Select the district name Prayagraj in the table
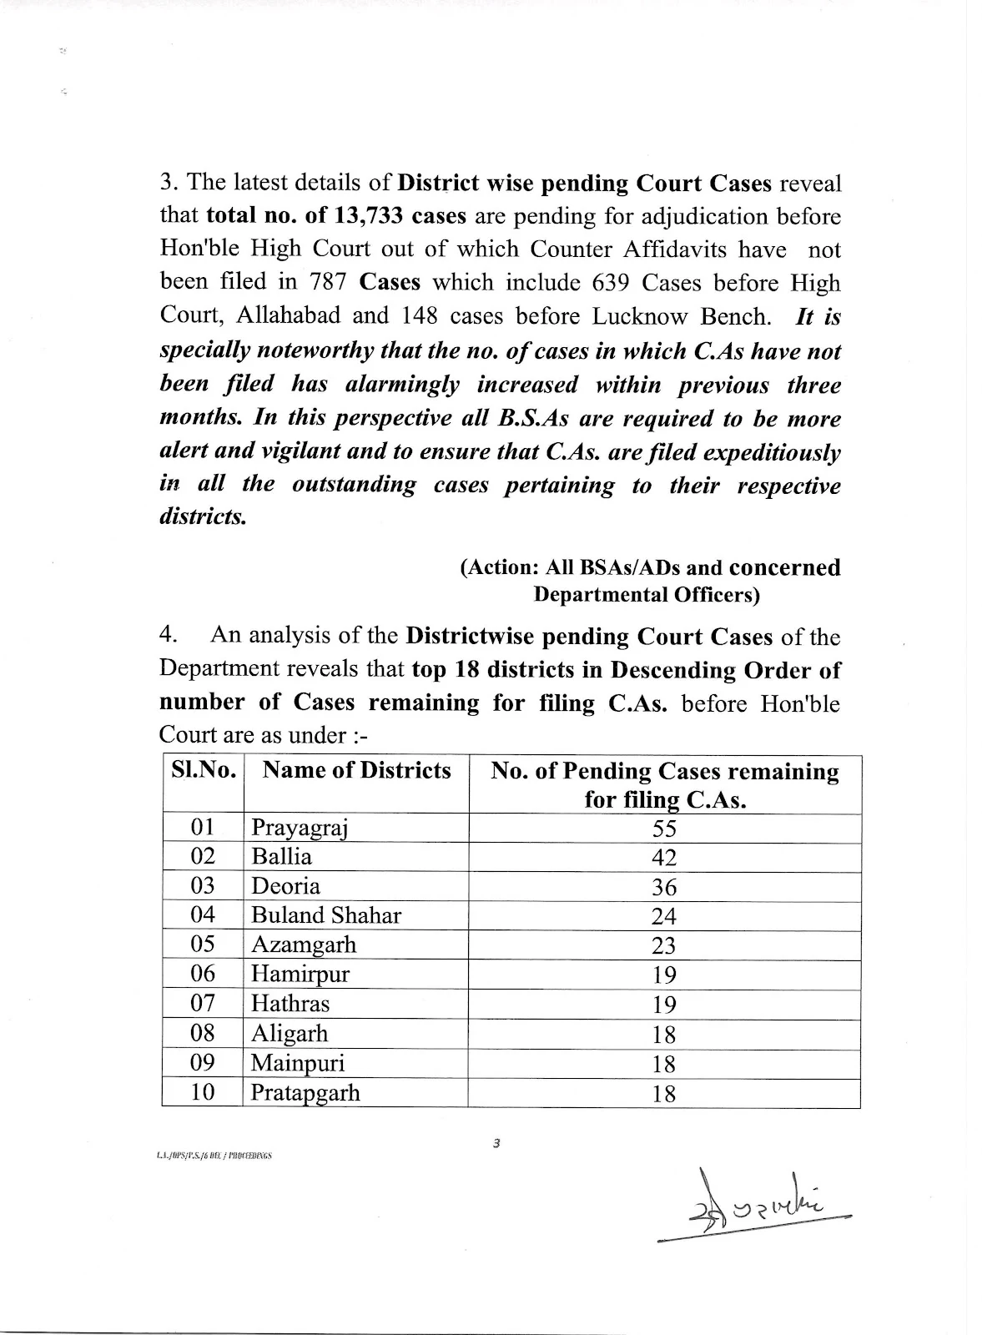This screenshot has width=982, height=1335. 299,828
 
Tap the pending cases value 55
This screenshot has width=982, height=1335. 664,828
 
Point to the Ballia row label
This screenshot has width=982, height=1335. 281,857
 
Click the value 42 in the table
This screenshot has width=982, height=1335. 664,858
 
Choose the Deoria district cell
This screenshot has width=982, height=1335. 285,886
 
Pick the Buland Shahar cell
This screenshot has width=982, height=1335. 325,915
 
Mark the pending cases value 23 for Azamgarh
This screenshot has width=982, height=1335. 664,945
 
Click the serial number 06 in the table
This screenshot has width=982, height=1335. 203,974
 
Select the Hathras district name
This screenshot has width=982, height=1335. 290,1004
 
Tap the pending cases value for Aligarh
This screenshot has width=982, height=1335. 664,1035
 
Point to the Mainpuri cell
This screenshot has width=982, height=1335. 298,1063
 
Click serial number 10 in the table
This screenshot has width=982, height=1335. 203,1092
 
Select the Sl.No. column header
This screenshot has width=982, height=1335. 204,770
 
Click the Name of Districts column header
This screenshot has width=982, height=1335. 356,770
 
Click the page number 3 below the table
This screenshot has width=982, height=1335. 496,1144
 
